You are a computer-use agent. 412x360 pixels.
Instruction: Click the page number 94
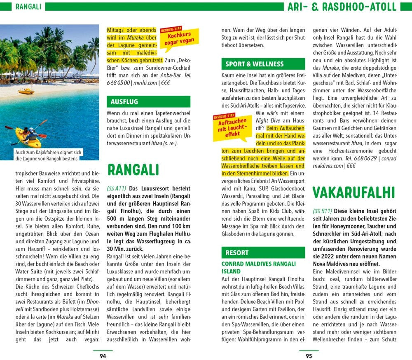click(x=103, y=356)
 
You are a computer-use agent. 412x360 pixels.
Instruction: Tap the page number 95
click(x=309, y=356)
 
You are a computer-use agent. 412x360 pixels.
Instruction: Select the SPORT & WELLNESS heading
click(x=254, y=64)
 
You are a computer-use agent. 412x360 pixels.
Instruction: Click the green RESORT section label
click(x=237, y=252)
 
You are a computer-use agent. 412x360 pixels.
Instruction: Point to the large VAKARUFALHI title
click(x=353, y=192)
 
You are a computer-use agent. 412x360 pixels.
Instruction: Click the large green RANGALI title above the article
click(x=133, y=169)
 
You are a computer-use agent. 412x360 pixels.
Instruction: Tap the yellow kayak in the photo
click(x=28, y=138)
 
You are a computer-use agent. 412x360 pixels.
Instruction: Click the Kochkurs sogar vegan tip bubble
click(x=179, y=37)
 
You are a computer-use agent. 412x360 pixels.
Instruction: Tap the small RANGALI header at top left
click(x=28, y=7)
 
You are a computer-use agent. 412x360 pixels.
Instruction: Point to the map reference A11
click(x=116, y=188)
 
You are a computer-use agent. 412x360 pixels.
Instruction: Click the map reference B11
click(x=322, y=211)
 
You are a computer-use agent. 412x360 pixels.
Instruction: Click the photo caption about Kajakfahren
click(x=48, y=155)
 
